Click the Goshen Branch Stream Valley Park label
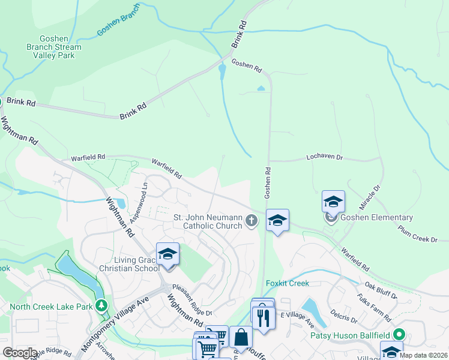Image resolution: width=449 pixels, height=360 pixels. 53,47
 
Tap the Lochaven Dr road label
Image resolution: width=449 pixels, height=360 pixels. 324,157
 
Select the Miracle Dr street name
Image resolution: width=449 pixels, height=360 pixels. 369,194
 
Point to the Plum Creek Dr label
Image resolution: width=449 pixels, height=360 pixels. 417,233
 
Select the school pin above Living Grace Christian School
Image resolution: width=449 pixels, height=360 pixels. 167,254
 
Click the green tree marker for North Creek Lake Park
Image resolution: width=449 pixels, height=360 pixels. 102,306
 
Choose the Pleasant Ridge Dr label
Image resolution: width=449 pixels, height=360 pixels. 191,300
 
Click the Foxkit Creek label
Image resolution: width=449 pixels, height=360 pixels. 287,283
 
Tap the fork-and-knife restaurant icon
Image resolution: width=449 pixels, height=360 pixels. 262,316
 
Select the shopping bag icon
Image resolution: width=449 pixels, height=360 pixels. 241,338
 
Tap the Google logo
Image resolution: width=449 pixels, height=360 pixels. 20,353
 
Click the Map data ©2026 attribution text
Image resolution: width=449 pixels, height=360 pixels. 423,355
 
